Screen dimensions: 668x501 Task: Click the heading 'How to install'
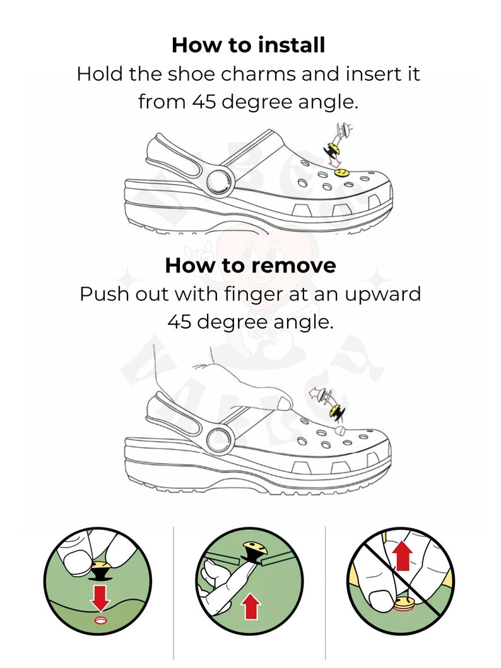coord(248,45)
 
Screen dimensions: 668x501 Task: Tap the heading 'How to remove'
coord(250,266)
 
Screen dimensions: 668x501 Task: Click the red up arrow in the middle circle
coord(251,606)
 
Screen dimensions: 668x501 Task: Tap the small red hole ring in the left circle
coord(100,621)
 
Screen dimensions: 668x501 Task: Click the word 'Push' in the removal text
coord(100,295)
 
